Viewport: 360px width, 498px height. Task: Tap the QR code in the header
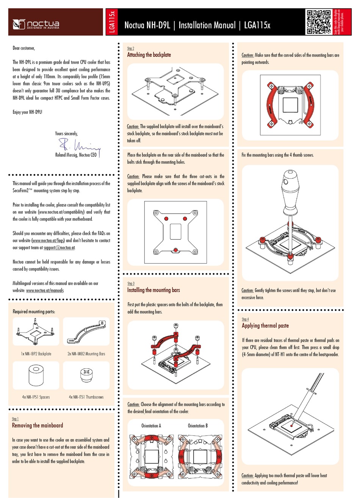[x=318, y=22]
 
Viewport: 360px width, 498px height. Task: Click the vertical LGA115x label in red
[x=112, y=22]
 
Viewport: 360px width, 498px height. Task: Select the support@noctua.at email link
[x=59, y=248]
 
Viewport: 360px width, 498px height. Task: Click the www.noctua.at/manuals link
[x=45, y=291]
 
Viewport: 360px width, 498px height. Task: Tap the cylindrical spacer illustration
[x=36, y=375]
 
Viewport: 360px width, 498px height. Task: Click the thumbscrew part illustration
[x=86, y=375]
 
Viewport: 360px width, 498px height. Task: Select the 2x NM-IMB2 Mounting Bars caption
[x=86, y=354]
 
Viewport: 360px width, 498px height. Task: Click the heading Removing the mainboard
[x=37, y=426]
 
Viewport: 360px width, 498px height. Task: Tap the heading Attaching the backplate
[x=149, y=55]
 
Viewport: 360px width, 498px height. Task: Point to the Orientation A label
[x=151, y=426]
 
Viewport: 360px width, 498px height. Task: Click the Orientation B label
[x=197, y=426]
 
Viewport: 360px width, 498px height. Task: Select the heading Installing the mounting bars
[x=153, y=290]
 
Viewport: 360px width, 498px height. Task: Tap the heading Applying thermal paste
[x=265, y=326]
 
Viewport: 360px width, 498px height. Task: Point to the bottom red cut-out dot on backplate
[x=175, y=249]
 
